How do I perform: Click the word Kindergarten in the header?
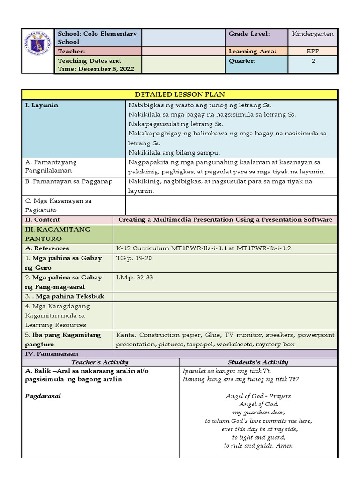point(313,34)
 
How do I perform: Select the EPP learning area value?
point(313,51)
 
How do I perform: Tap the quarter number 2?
point(313,61)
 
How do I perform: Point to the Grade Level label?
point(249,34)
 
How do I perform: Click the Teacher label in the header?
point(71,51)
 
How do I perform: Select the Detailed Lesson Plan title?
point(180,94)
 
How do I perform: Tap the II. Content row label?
point(42,219)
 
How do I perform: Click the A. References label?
point(47,248)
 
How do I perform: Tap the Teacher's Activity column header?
point(100,362)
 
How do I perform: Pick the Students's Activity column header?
point(258,362)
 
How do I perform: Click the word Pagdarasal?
point(43,396)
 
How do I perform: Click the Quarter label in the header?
point(242,61)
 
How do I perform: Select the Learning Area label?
point(252,51)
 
